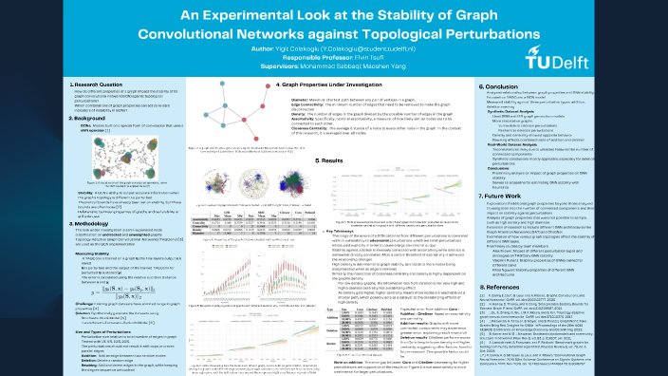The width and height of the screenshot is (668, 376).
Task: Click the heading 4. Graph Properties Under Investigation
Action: (x=311, y=85)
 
